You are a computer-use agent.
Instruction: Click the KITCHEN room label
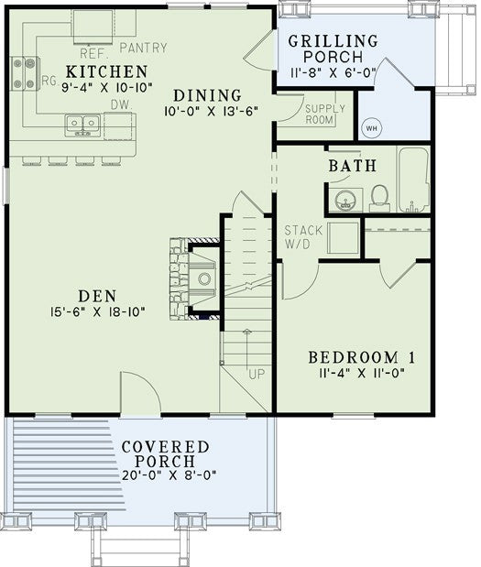(106, 71)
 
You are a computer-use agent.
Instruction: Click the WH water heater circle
(371, 127)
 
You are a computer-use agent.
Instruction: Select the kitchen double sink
(82, 125)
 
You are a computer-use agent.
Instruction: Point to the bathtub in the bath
(413, 180)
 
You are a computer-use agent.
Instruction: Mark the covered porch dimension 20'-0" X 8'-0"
(165, 475)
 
